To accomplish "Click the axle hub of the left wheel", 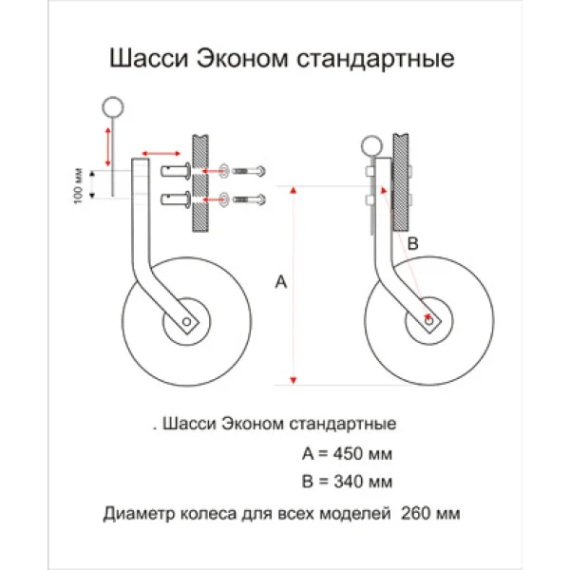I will click(189, 323).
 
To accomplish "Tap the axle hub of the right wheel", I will click(430, 323).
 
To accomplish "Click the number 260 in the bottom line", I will click(415, 514).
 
